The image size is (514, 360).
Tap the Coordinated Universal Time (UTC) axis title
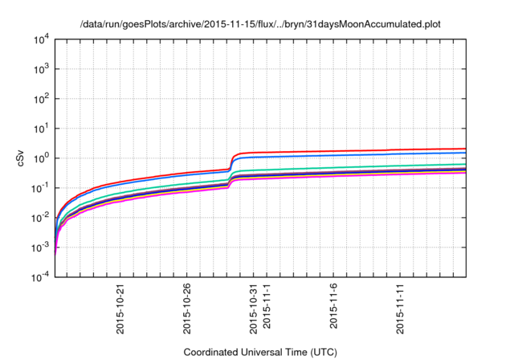point(261,352)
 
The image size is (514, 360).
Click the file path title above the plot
point(260,24)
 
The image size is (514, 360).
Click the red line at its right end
point(465,149)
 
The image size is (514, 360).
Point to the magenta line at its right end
point(465,173)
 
